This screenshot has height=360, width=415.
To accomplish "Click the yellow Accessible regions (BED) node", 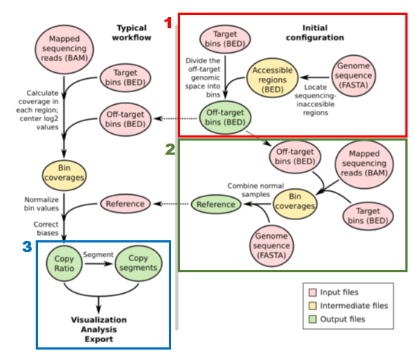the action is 272,78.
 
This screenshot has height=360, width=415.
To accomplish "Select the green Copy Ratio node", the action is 64,263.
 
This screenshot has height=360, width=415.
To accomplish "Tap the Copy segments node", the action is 138,263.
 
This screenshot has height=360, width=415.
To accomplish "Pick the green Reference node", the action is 216,205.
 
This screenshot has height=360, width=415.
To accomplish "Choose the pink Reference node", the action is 125,204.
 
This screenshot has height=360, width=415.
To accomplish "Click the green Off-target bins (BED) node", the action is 225,118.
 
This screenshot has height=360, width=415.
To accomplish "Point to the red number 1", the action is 168,23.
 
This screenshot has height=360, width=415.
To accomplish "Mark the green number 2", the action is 170,150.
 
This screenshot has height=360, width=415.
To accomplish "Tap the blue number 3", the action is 28,247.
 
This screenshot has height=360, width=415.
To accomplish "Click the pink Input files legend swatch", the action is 312,292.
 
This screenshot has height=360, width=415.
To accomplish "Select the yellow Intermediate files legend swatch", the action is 312,306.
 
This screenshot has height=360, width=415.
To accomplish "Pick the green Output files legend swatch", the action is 312,319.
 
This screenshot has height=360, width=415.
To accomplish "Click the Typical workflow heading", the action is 132,33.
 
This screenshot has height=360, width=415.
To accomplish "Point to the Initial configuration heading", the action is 315,33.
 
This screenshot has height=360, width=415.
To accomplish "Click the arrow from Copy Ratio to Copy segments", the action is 98,263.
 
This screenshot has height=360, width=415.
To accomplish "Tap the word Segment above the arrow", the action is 98,254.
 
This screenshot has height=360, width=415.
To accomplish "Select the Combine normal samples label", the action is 256,190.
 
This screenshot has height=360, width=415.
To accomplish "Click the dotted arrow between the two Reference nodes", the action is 172,204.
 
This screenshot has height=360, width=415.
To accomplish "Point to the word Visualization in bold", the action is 99,320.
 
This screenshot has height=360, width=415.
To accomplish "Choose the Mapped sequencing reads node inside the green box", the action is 364,164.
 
